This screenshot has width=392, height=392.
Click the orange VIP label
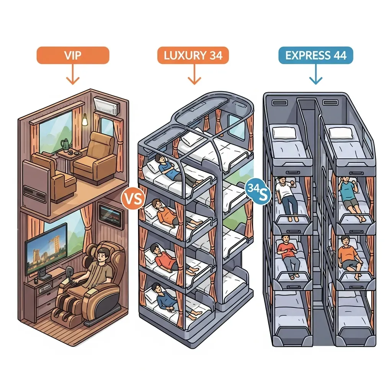click(73, 55)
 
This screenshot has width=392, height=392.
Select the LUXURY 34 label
click(193, 55)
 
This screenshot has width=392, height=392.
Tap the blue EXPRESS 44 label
click(316, 55)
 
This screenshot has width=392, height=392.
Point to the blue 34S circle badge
click(258, 191)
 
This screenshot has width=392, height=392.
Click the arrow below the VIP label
click(73, 74)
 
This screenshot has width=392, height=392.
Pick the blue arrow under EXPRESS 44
click(316, 74)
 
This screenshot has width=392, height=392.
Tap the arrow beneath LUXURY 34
click(194, 74)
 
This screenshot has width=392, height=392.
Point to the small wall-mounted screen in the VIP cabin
click(112, 216)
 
